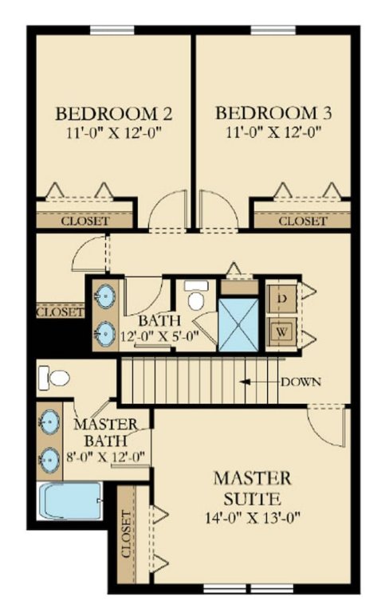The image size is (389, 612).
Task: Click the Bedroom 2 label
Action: tap(114, 113)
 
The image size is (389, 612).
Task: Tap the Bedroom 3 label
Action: tap(273, 113)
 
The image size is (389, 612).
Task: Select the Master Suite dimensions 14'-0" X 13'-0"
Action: tap(253, 518)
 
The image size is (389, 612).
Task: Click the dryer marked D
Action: tap(281, 299)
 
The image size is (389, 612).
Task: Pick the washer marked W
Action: tap(281, 332)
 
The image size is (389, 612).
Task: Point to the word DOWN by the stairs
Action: tap(301, 382)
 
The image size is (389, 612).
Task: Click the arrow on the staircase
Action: tap(260, 382)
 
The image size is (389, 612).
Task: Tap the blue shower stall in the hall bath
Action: tap(238, 325)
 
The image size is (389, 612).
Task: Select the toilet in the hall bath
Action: tap(194, 295)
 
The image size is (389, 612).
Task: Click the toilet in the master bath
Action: tap(54, 378)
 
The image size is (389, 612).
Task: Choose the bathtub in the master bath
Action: tap(71, 501)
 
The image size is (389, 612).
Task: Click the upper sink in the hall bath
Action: tap(105, 296)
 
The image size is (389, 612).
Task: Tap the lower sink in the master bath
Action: tap(49, 461)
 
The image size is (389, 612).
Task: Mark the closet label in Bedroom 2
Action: tap(84, 222)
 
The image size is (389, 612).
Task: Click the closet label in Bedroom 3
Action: tap(303, 222)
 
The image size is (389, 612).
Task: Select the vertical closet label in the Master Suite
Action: tap(126, 534)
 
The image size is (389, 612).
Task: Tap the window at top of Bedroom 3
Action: tap(273, 30)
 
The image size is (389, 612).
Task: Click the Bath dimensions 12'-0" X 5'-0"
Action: tap(159, 335)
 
